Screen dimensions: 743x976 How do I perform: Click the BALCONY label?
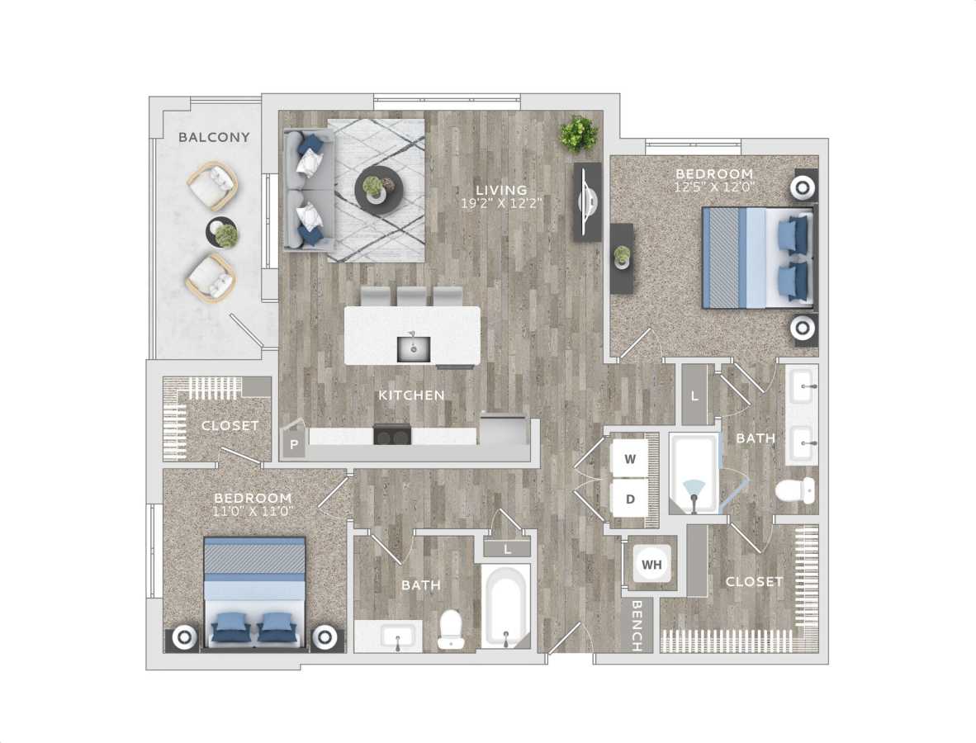pos(214,137)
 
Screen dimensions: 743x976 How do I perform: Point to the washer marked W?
pos(630,460)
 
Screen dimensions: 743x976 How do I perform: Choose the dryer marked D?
pos(630,499)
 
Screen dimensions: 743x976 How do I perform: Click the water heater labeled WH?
pos(651,566)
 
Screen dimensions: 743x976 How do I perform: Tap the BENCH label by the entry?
pos(637,626)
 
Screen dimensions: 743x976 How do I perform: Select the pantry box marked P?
pos(293,446)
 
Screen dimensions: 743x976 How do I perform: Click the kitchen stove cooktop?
pos(393,434)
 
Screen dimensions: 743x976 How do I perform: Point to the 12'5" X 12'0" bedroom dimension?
pos(714,188)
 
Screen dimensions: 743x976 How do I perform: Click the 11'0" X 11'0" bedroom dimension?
pos(253,512)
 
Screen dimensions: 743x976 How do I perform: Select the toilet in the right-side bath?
pos(795,490)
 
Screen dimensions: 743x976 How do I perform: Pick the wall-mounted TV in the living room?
pos(588,201)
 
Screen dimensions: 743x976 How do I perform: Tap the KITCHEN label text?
pos(411,395)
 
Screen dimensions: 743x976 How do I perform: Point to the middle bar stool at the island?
pos(412,296)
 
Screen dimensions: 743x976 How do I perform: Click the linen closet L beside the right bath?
pos(694,395)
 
